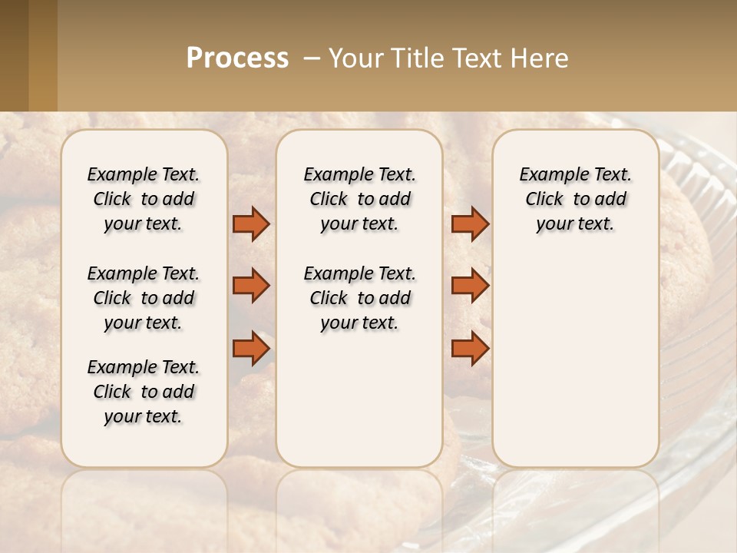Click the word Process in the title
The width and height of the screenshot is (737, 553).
pyautogui.click(x=237, y=58)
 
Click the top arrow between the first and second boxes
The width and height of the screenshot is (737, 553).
pyautogui.click(x=251, y=224)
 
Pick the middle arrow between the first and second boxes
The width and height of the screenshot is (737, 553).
pyautogui.click(x=251, y=286)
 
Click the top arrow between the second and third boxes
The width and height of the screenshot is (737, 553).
pyautogui.click(x=470, y=224)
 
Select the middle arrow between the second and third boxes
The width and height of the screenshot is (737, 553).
pyautogui.click(x=470, y=286)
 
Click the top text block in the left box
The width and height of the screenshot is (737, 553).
pyautogui.click(x=144, y=199)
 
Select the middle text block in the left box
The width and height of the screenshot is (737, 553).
pyautogui.click(x=144, y=298)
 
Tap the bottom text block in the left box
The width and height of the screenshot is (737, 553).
pyautogui.click(x=144, y=392)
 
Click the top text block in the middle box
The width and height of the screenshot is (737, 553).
pyautogui.click(x=359, y=199)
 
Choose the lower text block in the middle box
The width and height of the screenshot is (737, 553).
pyautogui.click(x=359, y=298)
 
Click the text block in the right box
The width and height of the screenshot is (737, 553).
pyautogui.click(x=576, y=199)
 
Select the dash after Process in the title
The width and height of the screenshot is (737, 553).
pyautogui.click(x=312, y=58)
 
